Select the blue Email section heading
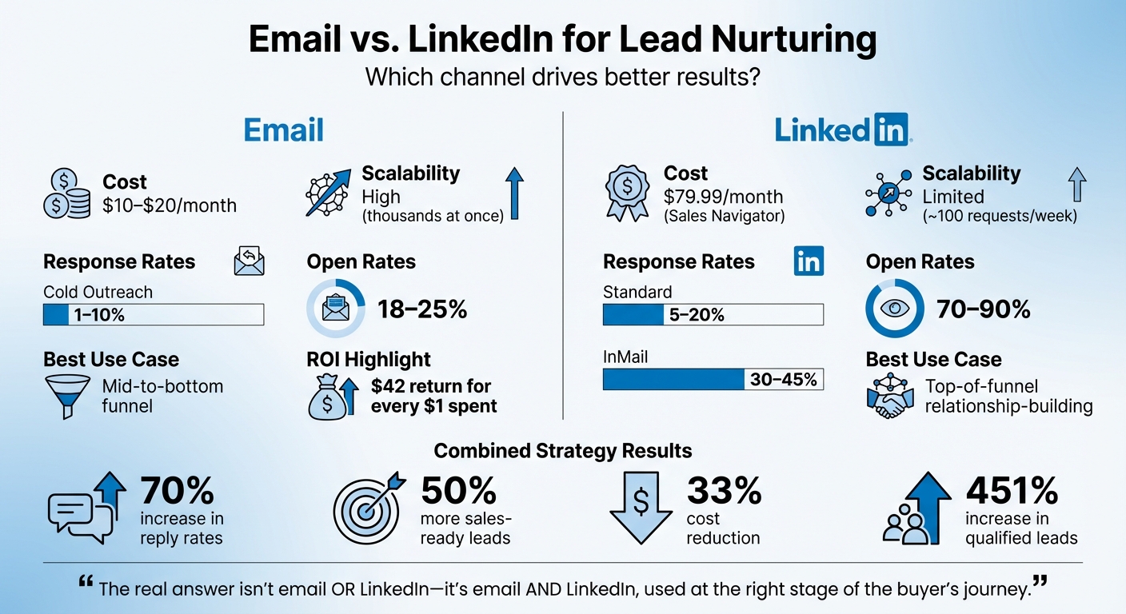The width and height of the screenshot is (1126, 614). [x=283, y=130]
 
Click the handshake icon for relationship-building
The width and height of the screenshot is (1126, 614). [x=889, y=397]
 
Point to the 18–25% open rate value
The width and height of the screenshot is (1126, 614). [x=421, y=309]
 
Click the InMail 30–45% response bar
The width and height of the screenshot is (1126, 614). [x=713, y=379]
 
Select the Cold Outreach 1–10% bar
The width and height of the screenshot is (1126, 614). [x=153, y=315]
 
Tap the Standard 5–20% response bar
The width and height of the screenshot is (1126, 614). [x=713, y=315]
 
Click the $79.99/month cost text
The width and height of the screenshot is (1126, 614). [x=723, y=197]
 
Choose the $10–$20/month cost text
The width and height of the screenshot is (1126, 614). [x=170, y=205]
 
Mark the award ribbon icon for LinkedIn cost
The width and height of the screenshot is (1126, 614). [x=626, y=193]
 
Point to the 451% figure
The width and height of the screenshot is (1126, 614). [x=1012, y=490]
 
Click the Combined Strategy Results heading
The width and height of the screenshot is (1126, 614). [x=562, y=451]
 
